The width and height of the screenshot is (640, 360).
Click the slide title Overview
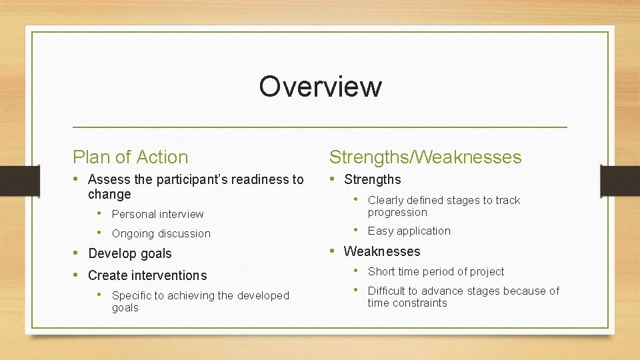pyautogui.click(x=320, y=87)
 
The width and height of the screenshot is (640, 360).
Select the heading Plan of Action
pyautogui.click(x=131, y=157)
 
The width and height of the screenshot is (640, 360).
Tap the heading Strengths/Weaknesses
pyautogui.click(x=425, y=157)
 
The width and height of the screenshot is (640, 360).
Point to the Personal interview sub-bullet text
pyautogui.click(x=157, y=214)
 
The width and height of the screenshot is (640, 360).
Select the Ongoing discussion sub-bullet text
pyautogui.click(x=161, y=233)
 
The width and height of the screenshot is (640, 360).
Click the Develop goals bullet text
pyautogui.click(x=129, y=253)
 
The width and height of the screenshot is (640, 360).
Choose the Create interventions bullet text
pyautogui.click(x=147, y=275)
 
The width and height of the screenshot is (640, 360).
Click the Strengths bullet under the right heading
pyautogui.click(x=372, y=179)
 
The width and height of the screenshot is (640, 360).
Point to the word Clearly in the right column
pyautogui.click(x=386, y=200)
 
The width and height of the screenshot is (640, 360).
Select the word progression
pyautogui.click(x=397, y=212)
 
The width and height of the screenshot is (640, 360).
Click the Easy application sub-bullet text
pyautogui.click(x=409, y=231)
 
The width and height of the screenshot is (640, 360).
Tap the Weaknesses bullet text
pyautogui.click(x=381, y=251)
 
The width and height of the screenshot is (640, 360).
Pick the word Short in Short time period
pyautogui.click(x=381, y=271)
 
